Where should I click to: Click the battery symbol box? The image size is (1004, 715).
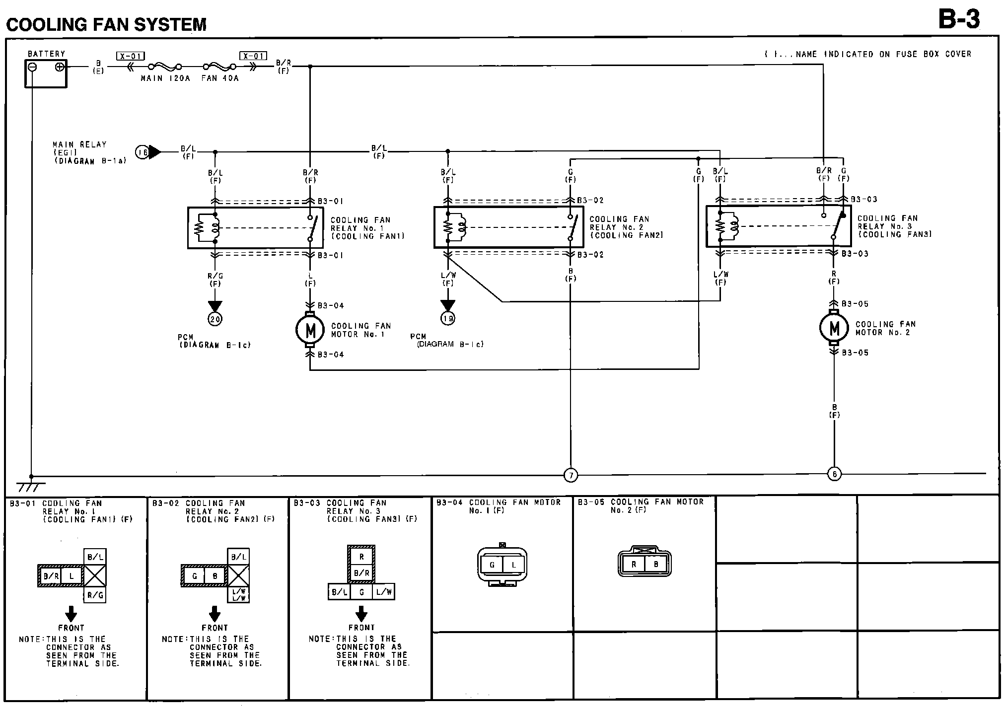tap(46, 73)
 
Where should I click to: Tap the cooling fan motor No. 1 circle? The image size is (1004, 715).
tap(310, 330)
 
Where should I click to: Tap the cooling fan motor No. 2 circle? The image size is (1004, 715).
tap(834, 328)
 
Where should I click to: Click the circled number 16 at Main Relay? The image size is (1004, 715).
tap(143, 152)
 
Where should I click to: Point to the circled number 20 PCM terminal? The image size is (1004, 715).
tap(215, 319)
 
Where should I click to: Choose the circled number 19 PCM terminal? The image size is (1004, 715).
tap(448, 318)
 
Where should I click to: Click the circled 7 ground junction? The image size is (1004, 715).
tap(571, 476)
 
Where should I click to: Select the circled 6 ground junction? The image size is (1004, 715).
tap(834, 474)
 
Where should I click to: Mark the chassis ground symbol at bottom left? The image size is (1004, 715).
tap(31, 485)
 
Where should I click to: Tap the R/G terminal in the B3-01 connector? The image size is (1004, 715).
tap(95, 595)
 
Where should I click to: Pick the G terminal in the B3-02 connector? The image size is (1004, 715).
tap(195, 576)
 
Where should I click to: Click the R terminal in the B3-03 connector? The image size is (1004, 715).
tap(361, 557)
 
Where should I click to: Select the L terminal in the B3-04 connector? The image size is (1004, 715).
tap(514, 565)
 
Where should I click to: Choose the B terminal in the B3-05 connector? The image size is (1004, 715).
tap(656, 564)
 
